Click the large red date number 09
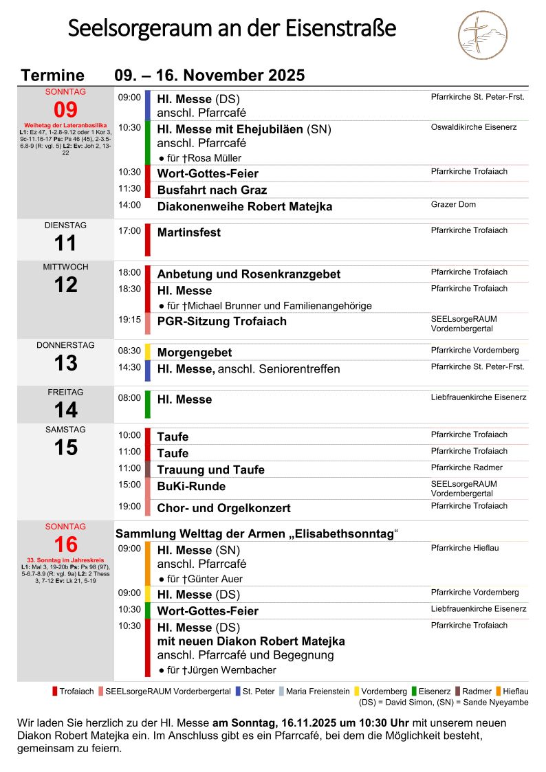coord(65,110)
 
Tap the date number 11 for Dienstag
coord(65,243)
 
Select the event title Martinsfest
coord(189,233)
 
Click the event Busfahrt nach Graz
coord(212,190)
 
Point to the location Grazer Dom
coord(453,205)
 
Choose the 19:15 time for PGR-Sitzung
coord(129,320)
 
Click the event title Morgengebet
coord(195,353)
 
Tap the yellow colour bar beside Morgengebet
coord(148,351)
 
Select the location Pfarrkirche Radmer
coord(467,468)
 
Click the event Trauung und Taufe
coord(210,470)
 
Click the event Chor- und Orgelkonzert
coord(223,509)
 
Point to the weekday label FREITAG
coord(65,393)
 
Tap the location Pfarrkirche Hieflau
coord(465,549)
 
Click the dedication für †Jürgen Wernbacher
coord(217,670)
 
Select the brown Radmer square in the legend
coord(458,692)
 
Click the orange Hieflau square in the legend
coord(499,692)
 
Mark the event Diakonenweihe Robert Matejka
coord(244,207)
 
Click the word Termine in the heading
coord(53,76)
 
